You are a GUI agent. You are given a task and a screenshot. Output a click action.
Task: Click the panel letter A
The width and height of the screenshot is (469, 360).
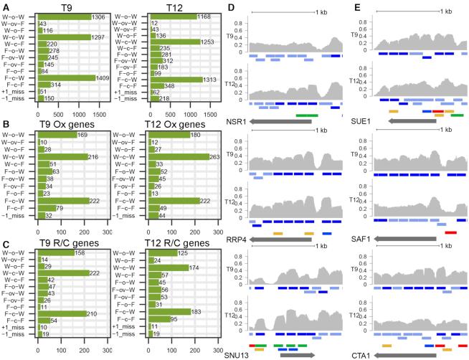[x=4, y=6]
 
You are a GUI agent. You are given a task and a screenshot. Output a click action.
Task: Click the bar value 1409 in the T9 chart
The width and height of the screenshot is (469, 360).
[x=68, y=78]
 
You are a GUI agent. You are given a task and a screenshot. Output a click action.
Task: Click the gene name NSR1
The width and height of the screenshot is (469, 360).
[x=235, y=122]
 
